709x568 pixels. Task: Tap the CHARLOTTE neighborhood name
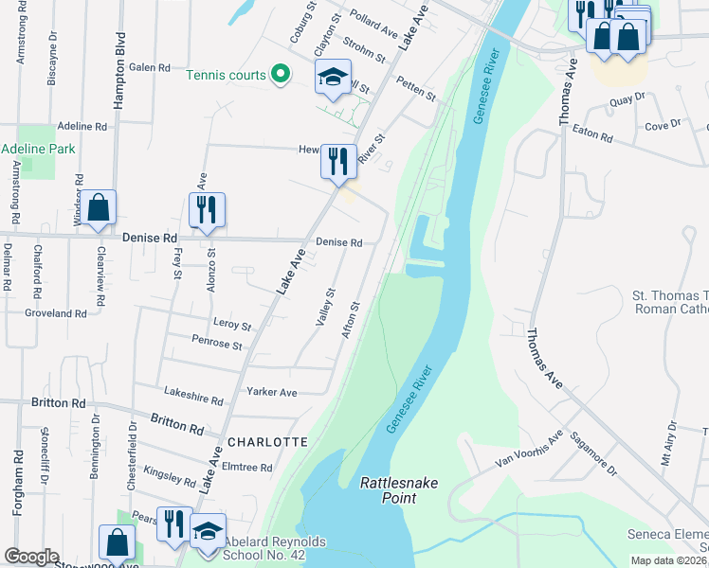pyautogui.click(x=266, y=442)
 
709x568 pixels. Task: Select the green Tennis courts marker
pyautogui.click(x=280, y=74)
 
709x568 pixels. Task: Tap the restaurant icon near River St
pyautogui.click(x=338, y=161)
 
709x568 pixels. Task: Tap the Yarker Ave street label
pyautogui.click(x=271, y=392)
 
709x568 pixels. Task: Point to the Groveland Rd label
pyautogui.click(x=56, y=312)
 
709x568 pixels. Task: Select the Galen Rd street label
pyautogui.click(x=150, y=67)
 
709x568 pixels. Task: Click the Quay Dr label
pyautogui.click(x=627, y=97)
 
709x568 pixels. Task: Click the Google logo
pyautogui.click(x=32, y=557)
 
